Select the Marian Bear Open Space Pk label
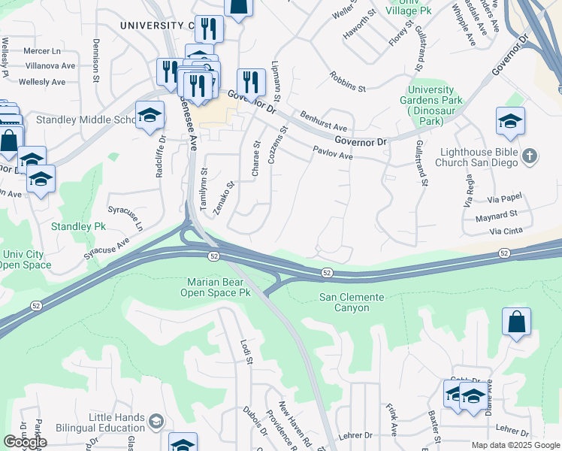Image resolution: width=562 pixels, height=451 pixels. [x=218, y=287]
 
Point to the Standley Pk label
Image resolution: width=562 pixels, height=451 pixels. [x=79, y=226]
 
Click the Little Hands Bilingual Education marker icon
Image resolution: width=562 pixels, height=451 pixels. [x=156, y=419]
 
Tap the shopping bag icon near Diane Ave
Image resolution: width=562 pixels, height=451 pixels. [x=516, y=322]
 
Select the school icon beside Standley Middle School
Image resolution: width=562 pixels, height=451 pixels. [x=150, y=115]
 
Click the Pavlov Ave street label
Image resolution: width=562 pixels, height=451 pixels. [x=334, y=154]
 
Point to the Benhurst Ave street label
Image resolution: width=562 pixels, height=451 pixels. [x=324, y=122]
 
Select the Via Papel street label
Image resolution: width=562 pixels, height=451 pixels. [x=504, y=201]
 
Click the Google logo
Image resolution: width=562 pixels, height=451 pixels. [x=26, y=442]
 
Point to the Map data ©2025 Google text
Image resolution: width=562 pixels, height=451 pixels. [x=515, y=445]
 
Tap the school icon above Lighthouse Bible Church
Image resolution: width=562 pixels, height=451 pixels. [x=510, y=122]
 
